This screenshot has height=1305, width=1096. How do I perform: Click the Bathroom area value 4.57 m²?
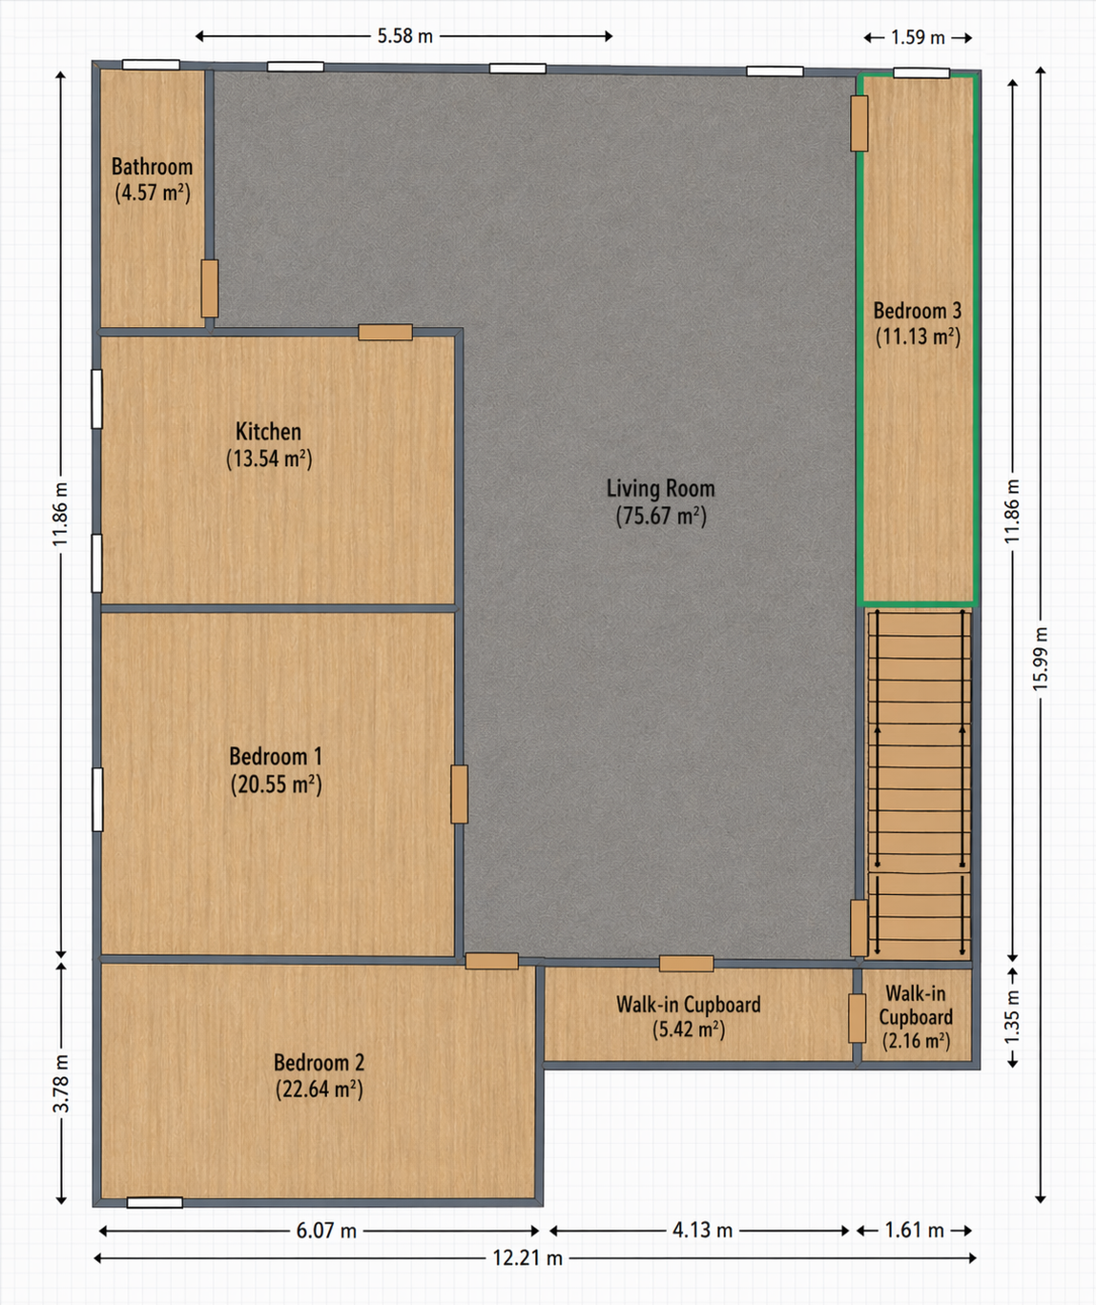[x=153, y=193]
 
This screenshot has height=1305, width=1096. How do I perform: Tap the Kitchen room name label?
[x=268, y=431]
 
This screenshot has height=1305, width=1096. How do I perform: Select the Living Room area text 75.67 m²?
[x=660, y=516]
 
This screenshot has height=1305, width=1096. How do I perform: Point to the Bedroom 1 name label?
[x=276, y=757]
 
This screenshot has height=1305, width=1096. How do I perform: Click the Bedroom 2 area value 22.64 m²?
[x=319, y=1089]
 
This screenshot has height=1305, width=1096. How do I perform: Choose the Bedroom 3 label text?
[x=917, y=311]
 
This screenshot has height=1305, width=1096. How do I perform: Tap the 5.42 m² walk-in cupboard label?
[x=688, y=1030]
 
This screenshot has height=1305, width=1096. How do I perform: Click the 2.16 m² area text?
[x=916, y=1041]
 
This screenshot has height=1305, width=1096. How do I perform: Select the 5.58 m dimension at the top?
[x=404, y=36]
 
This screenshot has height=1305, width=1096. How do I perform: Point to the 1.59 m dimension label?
[x=918, y=37]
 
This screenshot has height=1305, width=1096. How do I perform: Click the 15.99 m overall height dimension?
[x=1041, y=659]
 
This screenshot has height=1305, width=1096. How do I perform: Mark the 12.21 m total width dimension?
[x=527, y=1258]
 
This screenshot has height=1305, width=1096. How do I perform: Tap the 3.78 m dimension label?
[x=61, y=1083]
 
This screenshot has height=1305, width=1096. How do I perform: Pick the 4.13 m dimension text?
[x=702, y=1231]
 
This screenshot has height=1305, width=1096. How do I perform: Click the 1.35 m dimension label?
[x=1013, y=1016]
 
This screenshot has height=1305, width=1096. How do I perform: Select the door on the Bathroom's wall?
[x=210, y=288]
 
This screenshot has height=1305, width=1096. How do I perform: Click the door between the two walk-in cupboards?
[x=858, y=1017]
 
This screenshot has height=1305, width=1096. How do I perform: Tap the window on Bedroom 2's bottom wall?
[x=155, y=1203]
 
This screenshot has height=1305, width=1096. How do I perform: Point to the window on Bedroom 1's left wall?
[x=97, y=799]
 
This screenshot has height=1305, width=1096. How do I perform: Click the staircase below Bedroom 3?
[x=918, y=782]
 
